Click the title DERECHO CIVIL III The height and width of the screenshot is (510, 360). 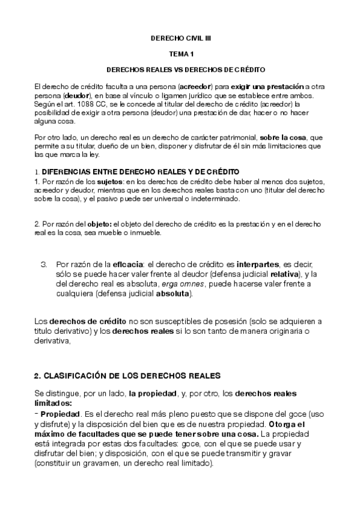180,38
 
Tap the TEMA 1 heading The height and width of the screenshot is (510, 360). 180,54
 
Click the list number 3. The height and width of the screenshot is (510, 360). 43,264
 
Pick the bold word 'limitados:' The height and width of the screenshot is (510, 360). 53,403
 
